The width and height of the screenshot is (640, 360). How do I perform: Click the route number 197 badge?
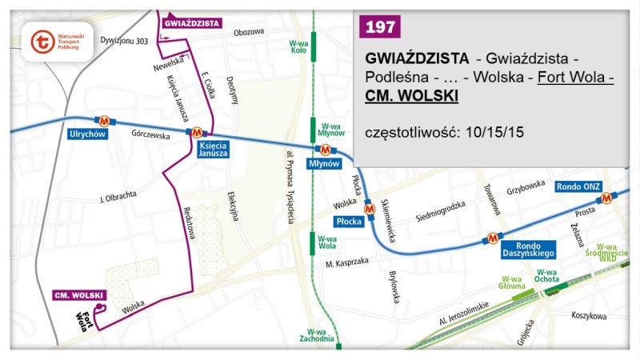click(380, 26)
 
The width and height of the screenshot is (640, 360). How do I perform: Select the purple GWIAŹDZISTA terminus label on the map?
click(191, 23)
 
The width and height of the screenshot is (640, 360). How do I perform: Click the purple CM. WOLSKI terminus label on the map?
click(76, 295)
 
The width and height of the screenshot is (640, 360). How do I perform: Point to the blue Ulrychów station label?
click(87, 134)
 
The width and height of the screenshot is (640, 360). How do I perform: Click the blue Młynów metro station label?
click(324, 164)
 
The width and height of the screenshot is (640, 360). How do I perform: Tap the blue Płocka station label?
click(350, 219)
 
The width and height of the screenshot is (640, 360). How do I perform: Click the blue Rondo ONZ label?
click(578, 186)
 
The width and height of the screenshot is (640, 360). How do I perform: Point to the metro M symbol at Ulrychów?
click(104, 120)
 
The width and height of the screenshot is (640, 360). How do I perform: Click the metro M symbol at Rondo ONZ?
click(608, 197)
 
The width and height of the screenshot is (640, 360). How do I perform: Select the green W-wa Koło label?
click(298, 46)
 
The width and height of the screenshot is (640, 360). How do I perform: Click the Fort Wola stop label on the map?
click(83, 320)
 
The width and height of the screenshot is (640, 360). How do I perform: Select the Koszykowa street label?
click(589, 316)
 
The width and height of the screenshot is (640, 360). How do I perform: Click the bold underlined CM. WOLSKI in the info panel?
click(411, 95)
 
